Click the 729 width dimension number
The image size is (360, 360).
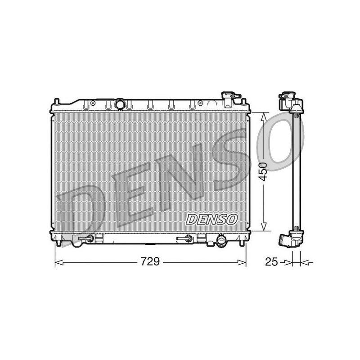tap(150, 261)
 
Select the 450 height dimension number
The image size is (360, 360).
tap(263, 172)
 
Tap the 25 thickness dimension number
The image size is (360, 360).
tap(271, 261)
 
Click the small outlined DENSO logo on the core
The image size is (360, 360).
tap(211, 220)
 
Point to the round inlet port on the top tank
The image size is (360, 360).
tap(120, 104)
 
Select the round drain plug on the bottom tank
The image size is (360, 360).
tap(221, 241)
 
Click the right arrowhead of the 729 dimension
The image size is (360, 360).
tap(242, 262)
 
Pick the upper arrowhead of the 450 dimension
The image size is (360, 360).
tap(264, 117)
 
